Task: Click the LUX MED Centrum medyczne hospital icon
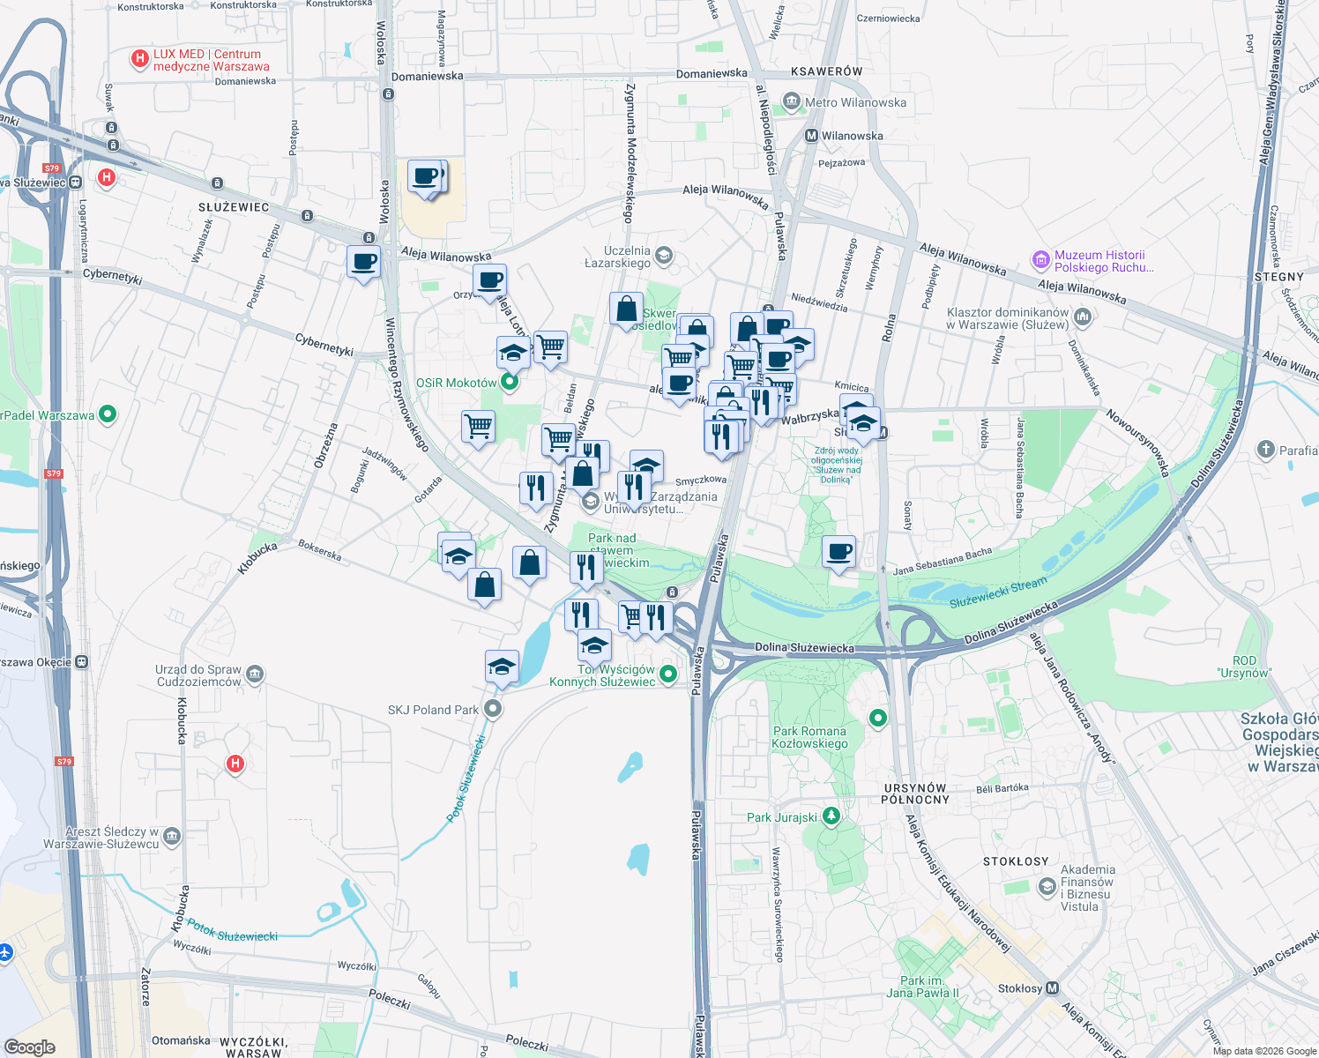(x=139, y=59)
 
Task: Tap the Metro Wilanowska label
(x=855, y=102)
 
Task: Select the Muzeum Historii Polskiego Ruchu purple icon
(x=1041, y=261)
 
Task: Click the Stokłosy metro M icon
(x=1052, y=988)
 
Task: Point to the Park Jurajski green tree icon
(x=831, y=816)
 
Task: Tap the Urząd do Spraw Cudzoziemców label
(x=198, y=675)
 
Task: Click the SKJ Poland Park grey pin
(x=494, y=709)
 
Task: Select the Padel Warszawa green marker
(x=108, y=414)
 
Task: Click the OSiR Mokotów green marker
(x=510, y=383)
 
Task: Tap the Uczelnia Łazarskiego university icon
(x=664, y=257)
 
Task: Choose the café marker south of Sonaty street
(x=838, y=553)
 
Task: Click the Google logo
(x=30, y=1047)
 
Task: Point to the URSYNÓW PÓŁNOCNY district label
(x=915, y=793)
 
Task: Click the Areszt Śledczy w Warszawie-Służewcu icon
(x=172, y=837)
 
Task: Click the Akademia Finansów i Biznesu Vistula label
(x=1087, y=888)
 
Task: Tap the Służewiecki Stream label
(x=998, y=592)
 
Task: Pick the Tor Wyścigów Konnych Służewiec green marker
(x=668, y=674)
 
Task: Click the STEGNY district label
(x=1278, y=277)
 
